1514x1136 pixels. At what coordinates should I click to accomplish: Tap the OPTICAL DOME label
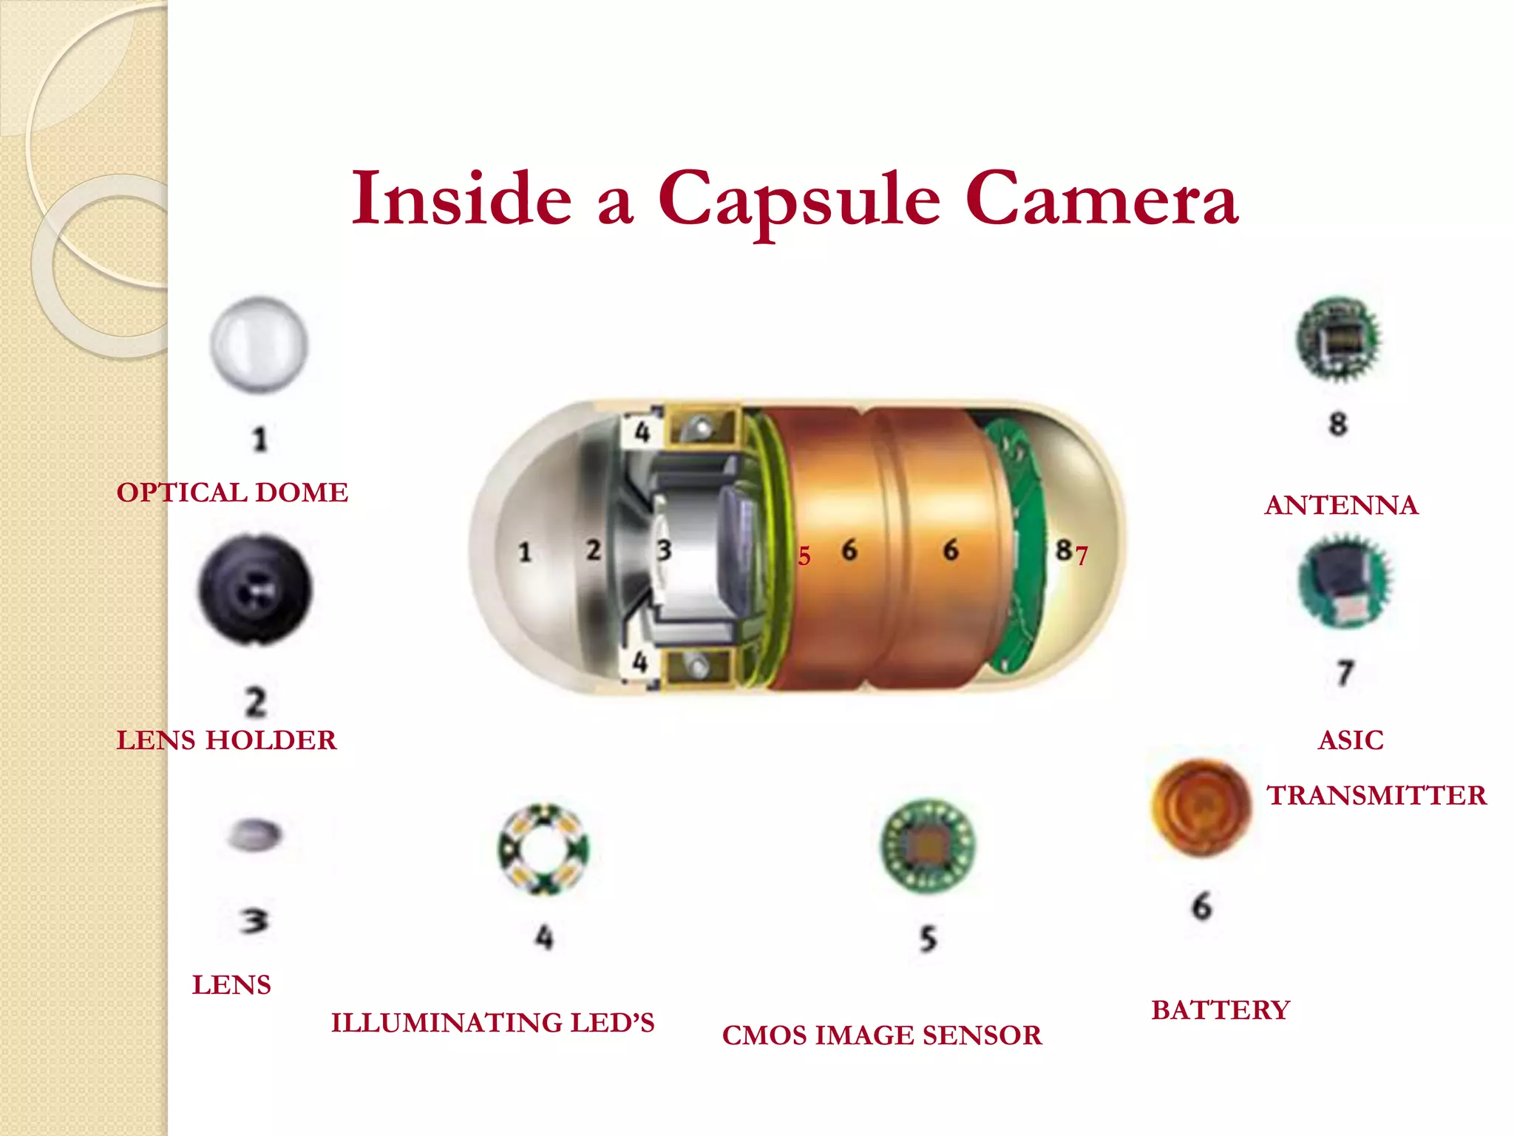[232, 493]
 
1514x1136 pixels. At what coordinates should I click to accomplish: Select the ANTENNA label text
[1341, 505]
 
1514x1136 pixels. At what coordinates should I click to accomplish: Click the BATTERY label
[1220, 1010]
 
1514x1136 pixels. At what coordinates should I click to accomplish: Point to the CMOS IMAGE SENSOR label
[882, 1035]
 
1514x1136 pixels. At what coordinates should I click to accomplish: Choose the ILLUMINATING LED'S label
[492, 1023]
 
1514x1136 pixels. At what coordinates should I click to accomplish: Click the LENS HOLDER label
[226, 740]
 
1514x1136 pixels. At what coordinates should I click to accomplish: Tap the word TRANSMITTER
[1376, 796]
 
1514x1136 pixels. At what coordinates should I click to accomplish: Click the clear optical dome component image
[259, 345]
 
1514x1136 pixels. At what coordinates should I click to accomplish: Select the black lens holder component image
[256, 590]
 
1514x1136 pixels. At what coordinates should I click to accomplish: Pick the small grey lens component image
[254, 834]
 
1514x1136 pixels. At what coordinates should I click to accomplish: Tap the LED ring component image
[543, 849]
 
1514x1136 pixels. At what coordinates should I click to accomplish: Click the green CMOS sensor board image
[929, 845]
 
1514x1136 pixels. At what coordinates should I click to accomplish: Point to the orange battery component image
[1201, 808]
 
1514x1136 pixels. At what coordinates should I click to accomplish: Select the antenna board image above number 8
[1339, 339]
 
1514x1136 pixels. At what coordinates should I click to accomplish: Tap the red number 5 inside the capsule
[804, 556]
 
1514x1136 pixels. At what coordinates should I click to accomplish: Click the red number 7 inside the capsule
[1082, 555]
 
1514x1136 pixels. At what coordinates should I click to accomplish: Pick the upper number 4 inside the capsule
[642, 431]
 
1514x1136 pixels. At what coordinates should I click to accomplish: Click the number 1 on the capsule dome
[525, 552]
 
